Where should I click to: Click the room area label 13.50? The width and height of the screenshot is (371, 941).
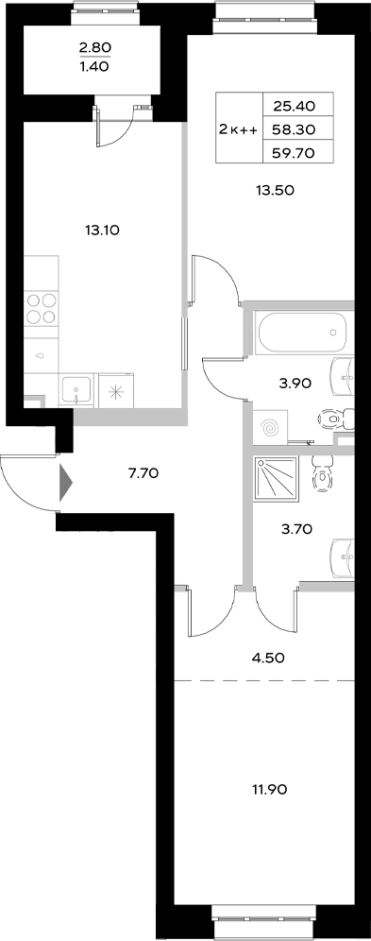coord(277,189)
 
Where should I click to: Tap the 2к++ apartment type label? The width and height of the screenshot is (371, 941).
coord(238,128)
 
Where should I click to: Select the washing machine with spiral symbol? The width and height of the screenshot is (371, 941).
coord(272,428)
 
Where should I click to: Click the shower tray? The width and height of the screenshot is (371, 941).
coord(278,479)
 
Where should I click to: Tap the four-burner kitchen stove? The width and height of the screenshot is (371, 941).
coord(40,308)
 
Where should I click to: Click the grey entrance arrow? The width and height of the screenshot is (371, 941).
coord(65,484)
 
